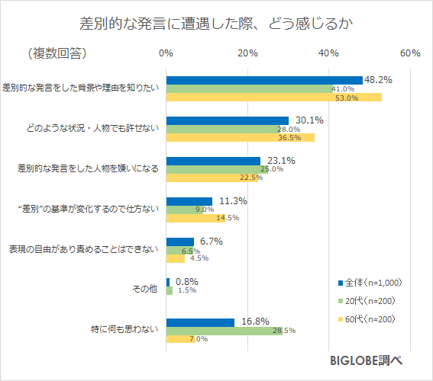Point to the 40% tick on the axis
tap(328, 53)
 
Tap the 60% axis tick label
tap(410, 53)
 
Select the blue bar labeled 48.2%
tap(264, 80)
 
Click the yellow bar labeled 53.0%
tap(273, 98)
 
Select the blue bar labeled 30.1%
tap(227, 120)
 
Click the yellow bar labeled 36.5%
tap(240, 138)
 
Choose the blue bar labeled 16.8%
tap(200, 322)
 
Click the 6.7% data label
tap(210, 242)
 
